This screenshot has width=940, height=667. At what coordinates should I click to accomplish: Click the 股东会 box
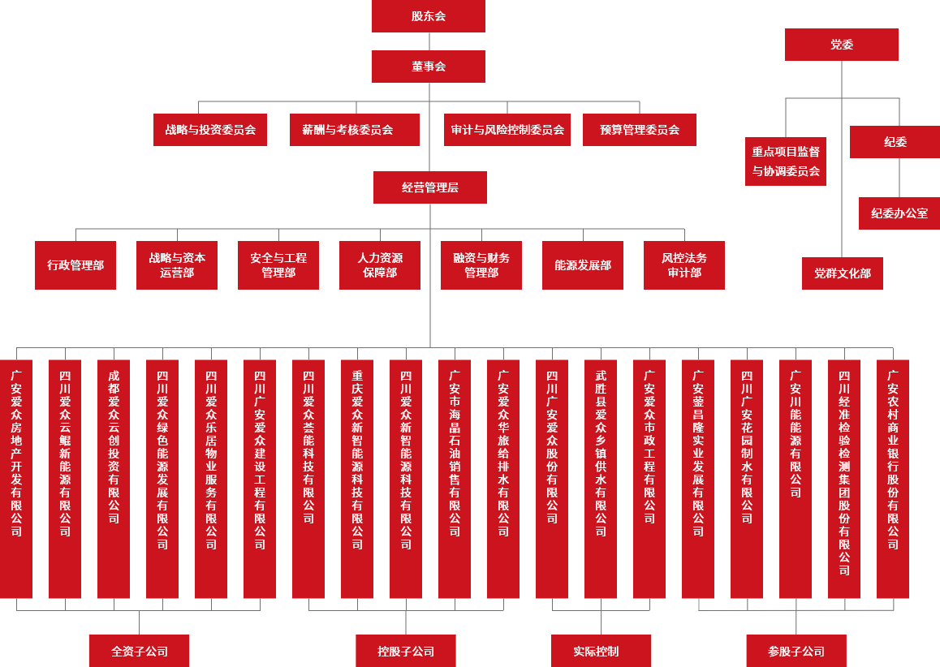(428, 16)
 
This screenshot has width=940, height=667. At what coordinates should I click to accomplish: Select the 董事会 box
(428, 67)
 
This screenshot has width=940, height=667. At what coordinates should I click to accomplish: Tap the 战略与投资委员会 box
(210, 130)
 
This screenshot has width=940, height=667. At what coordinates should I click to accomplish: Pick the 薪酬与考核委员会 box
(354, 130)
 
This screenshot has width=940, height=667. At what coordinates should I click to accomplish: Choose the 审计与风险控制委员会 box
(507, 130)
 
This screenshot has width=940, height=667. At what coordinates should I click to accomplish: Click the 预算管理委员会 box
(639, 130)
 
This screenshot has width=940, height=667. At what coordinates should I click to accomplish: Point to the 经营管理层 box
(429, 187)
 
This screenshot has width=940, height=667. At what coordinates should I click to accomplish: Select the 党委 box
(841, 45)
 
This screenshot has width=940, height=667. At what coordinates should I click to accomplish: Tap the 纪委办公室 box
(899, 213)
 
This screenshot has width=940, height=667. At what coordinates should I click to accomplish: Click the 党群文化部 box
(842, 273)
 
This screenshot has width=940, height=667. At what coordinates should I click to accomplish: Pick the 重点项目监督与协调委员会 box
(785, 161)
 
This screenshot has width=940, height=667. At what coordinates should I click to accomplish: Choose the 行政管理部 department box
(75, 265)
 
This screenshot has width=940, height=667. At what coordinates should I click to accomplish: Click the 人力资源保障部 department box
(380, 265)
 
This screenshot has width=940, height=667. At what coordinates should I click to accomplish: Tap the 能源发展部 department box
(583, 265)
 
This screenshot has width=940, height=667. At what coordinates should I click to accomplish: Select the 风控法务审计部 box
(683, 265)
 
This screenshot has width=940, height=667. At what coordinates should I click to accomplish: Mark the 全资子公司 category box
(139, 651)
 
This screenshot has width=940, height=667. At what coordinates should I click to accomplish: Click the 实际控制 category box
(601, 651)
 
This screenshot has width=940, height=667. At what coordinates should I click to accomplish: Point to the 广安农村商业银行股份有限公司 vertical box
(892, 479)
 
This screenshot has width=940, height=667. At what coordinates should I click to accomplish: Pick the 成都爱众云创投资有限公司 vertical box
(114, 479)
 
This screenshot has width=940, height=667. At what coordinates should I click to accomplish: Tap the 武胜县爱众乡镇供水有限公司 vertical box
(601, 479)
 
